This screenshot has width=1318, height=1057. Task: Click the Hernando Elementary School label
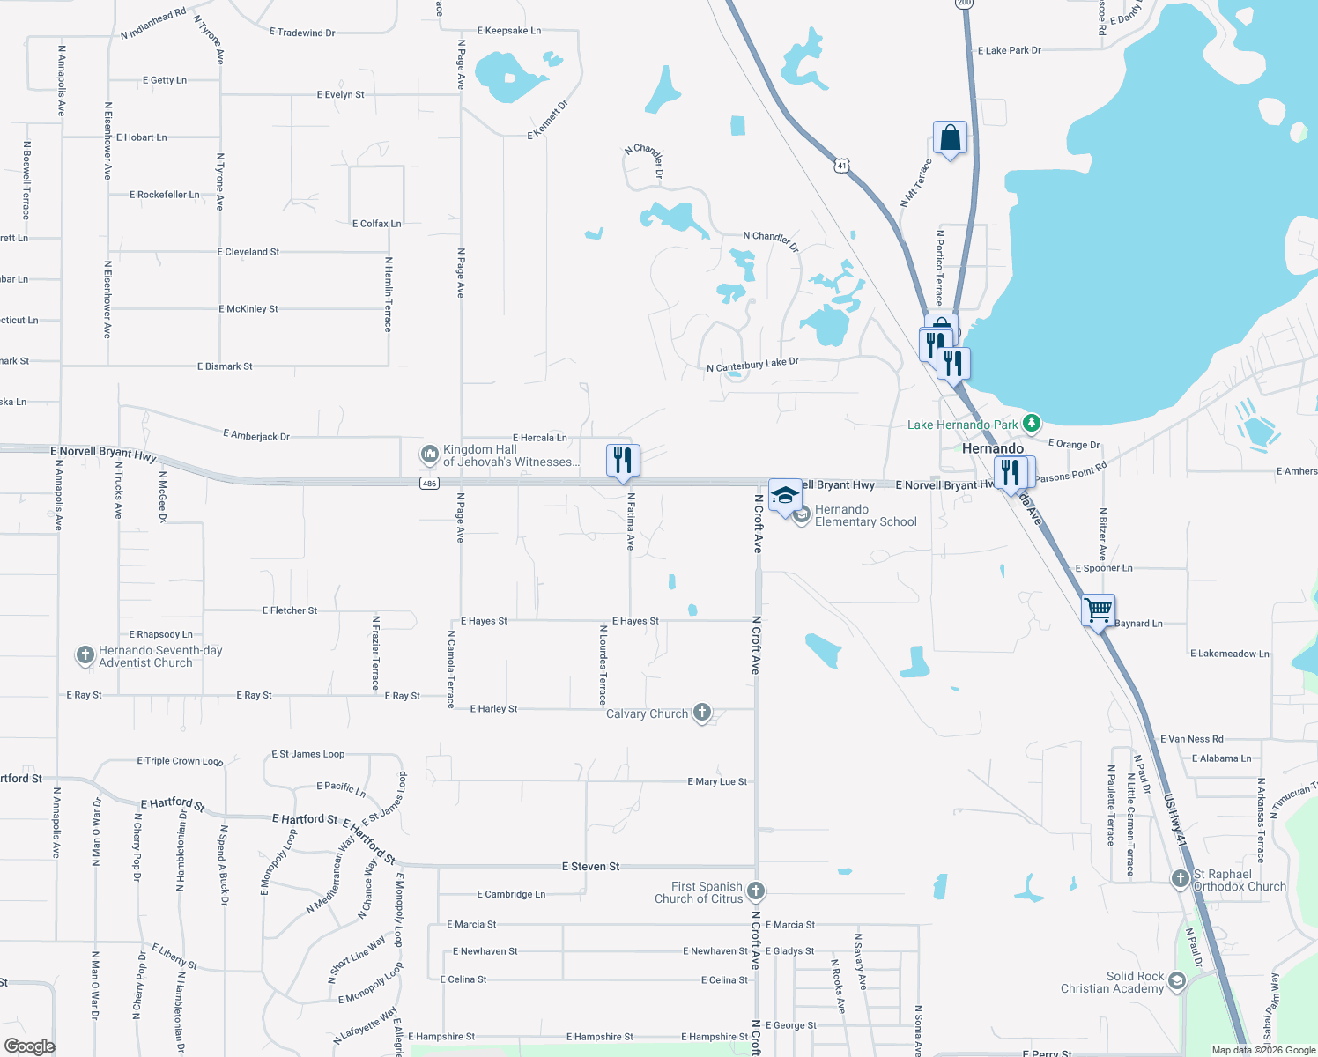pos(865,516)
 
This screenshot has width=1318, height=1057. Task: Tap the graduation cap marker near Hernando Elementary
pos(785,496)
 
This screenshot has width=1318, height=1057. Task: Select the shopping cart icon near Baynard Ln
pos(1098,610)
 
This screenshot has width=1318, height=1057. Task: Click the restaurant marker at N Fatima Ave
pos(623,460)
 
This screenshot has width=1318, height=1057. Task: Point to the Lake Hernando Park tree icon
pos(1032,424)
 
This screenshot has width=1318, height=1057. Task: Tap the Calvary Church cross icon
pos(702,713)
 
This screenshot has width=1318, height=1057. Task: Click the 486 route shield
pos(429,484)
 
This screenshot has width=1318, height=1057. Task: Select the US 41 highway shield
pos(842,166)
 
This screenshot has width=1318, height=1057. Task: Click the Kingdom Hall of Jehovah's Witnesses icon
pos(430,455)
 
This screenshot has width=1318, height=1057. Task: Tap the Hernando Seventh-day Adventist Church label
pos(159,656)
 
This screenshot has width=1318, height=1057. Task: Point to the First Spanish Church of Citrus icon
pos(755,891)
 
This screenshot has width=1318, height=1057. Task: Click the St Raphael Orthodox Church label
pos(1239,880)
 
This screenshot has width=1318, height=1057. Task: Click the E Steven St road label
pos(590,867)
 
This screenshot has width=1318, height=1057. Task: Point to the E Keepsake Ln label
pos(509,31)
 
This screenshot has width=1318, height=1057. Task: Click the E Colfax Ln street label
pos(376,224)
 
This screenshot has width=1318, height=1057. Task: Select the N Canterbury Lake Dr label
pos(752,365)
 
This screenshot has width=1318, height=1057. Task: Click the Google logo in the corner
pos(30,1046)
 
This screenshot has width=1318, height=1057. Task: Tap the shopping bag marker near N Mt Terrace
pos(950,138)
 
